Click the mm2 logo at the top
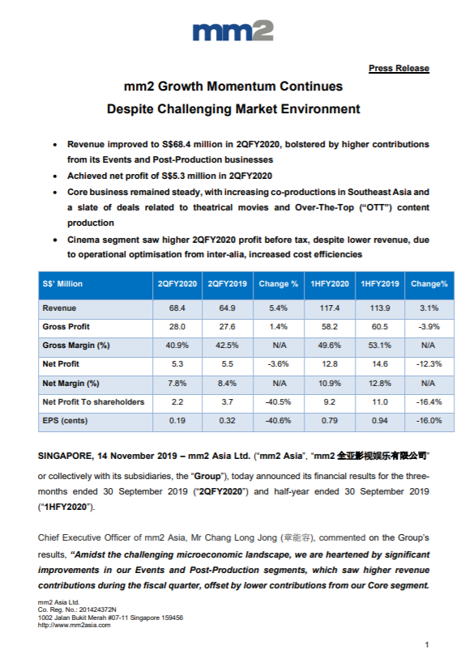[x=233, y=31]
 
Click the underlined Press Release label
[x=399, y=68]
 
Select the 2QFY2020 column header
[x=177, y=284]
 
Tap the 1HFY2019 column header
[x=380, y=284]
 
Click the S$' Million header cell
[x=62, y=284]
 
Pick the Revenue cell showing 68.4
[x=177, y=308]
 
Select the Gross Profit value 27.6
[x=227, y=326]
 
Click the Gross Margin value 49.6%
[x=330, y=346]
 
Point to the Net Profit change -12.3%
[x=429, y=364]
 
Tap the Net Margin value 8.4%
[x=227, y=383]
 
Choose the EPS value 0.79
[x=330, y=421]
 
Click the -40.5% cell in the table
[x=278, y=402]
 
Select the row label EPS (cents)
[x=65, y=421]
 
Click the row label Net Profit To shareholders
[x=93, y=402]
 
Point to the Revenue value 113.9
[x=380, y=308]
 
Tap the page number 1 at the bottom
[x=427, y=644]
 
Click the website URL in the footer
[x=75, y=626]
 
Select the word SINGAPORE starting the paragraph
[x=66, y=456]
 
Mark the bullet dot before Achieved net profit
[x=55, y=176]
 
